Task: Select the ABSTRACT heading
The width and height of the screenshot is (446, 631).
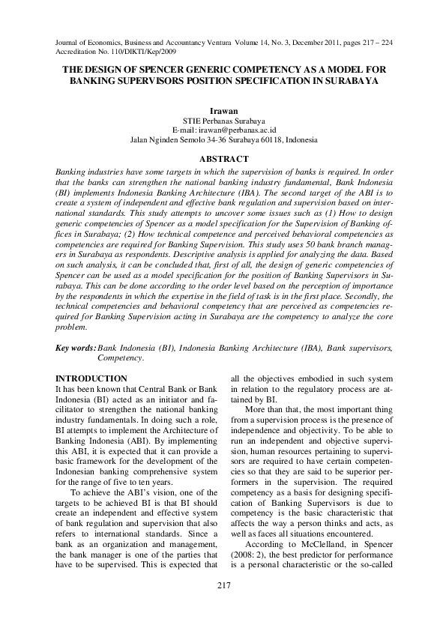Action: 223,159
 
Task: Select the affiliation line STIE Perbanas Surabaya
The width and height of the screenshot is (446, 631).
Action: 223,120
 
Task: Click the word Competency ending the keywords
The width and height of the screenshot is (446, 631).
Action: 120,358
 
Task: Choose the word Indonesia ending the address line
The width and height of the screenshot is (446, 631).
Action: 300,139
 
